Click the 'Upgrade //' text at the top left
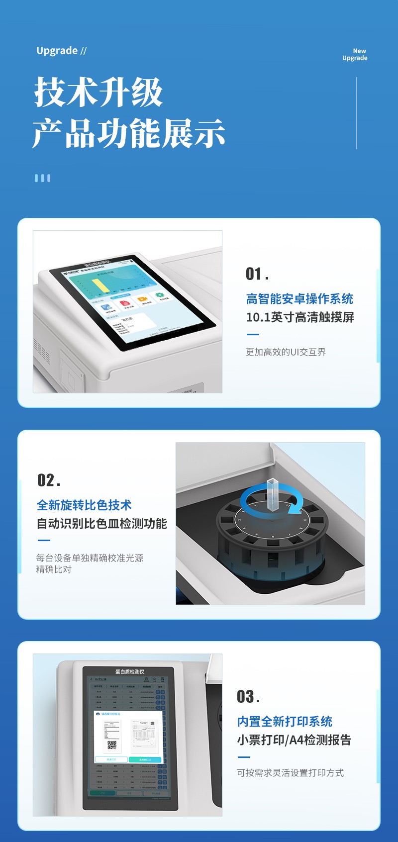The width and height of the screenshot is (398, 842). [x=61, y=51]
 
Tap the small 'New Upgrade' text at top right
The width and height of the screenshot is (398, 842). [x=355, y=54]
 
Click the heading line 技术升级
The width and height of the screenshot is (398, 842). [x=99, y=93]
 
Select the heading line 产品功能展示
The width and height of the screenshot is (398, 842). [x=129, y=133]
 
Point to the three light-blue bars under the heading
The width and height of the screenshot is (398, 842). [x=42, y=178]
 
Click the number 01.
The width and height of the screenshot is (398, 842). [x=257, y=274]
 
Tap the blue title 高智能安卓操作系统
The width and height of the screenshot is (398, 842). [x=299, y=299]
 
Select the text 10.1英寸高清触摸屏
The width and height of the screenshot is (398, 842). [x=300, y=317]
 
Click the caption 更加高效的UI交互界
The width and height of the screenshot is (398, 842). [x=286, y=352]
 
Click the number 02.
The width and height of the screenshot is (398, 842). [x=48, y=480]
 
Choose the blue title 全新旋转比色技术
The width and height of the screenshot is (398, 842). [x=84, y=505]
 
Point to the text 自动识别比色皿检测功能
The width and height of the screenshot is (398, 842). [x=102, y=524]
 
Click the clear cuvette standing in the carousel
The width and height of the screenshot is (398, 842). [x=272, y=495]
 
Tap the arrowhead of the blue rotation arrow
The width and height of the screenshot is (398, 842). [x=296, y=509]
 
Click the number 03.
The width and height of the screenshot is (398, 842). [x=248, y=697]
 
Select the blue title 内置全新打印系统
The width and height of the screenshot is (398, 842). [x=285, y=722]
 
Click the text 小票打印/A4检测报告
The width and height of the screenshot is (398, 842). [x=294, y=740]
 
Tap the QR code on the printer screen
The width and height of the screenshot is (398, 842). [x=112, y=745]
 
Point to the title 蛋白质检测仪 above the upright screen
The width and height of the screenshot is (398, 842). [x=129, y=671]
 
